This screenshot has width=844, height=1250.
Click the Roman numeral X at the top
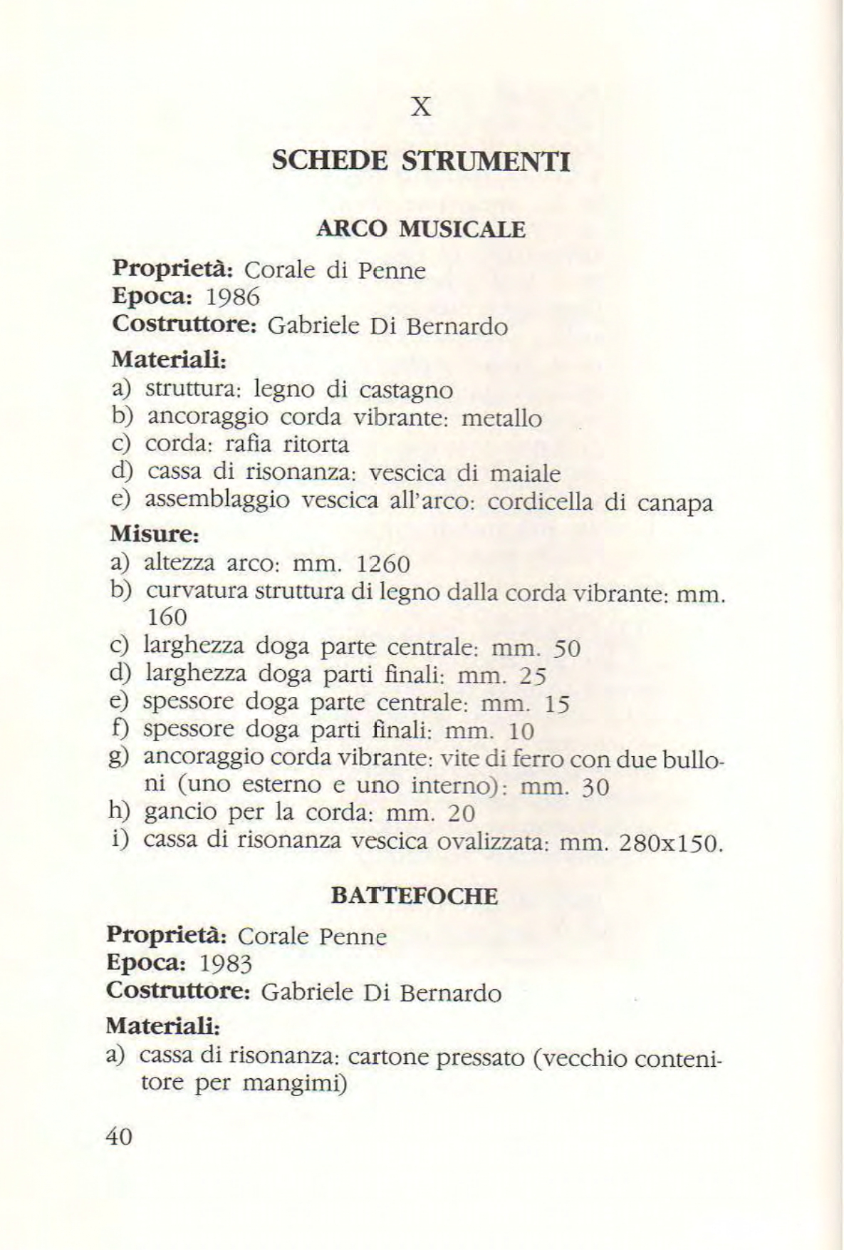click(422, 107)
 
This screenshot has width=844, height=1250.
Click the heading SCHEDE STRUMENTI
click(421, 162)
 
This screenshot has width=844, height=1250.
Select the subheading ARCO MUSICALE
click(421, 229)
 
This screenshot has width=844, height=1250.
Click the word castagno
click(405, 391)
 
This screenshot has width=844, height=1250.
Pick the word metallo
click(501, 418)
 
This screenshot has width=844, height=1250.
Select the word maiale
click(526, 474)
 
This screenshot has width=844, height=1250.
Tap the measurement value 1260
click(382, 565)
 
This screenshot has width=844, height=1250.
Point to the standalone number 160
click(166, 616)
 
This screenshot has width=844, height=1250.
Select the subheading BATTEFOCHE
click(415, 896)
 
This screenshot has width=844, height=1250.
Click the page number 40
click(118, 1136)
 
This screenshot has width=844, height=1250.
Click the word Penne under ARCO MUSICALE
click(391, 271)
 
